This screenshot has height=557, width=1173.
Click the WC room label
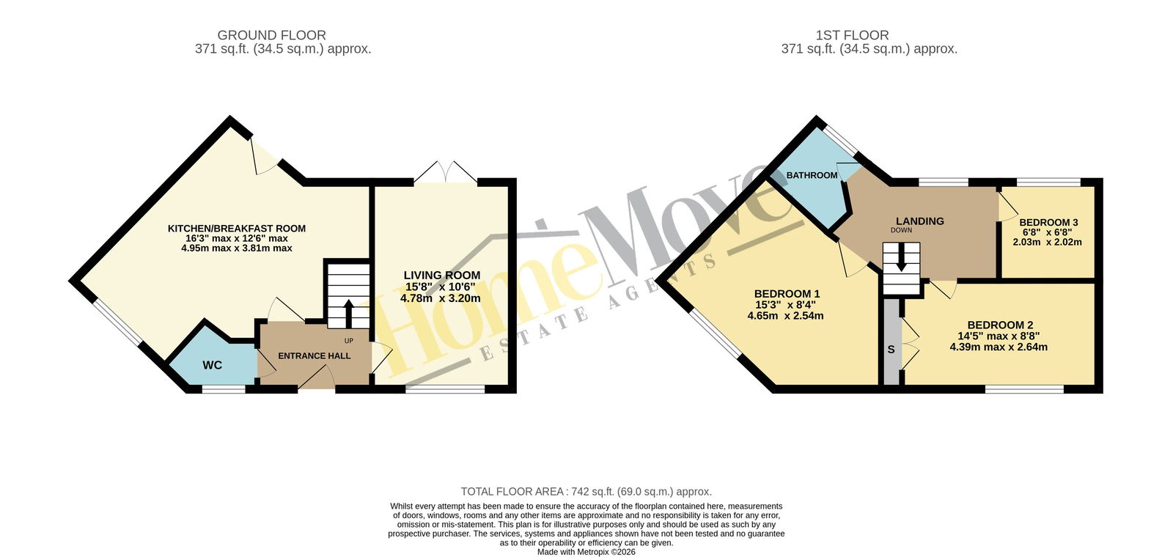tap(212, 366)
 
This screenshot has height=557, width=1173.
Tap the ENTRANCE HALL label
tap(315, 356)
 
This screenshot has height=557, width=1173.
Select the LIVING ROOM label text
tap(442, 276)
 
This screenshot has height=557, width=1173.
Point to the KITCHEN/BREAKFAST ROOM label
tap(237, 229)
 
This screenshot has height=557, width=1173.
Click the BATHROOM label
tap(812, 175)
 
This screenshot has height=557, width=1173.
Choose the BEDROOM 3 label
tap(1048, 223)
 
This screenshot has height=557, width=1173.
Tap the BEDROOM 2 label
tap(1000, 325)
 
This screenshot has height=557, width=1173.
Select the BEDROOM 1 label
tap(787, 294)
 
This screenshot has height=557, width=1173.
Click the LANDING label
tap(920, 221)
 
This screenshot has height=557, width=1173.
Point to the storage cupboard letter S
tap(891, 349)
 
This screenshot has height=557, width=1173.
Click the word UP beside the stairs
tap(349, 341)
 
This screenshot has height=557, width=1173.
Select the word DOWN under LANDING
tap(901, 230)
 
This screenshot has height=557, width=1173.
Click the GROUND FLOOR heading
tap(272, 35)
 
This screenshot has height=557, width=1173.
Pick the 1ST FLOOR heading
tap(852, 35)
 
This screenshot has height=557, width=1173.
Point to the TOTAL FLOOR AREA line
tap(586, 492)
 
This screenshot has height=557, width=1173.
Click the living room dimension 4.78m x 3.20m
tap(441, 298)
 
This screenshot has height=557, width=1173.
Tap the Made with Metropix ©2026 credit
tap(586, 552)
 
